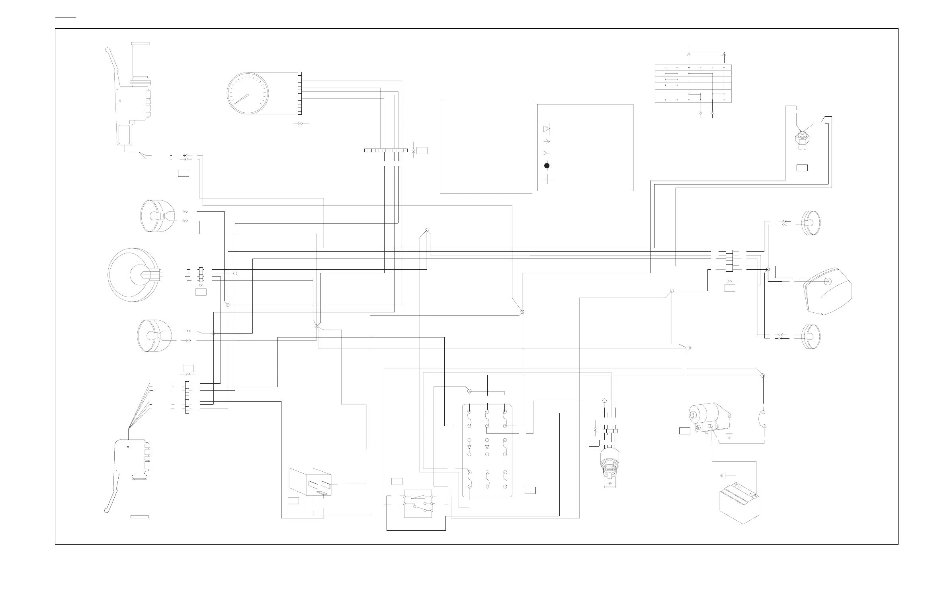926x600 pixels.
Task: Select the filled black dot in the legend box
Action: [547, 166]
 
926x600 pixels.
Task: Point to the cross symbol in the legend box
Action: [547, 179]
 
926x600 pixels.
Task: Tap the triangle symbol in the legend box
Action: [546, 129]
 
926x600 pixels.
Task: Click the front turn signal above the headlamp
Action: [155, 216]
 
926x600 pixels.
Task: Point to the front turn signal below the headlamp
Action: [153, 335]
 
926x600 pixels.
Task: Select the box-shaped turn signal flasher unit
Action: [311, 482]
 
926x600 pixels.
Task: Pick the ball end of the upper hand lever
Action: [107, 50]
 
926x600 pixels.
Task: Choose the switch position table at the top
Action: [693, 83]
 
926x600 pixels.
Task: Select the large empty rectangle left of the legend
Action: [486, 146]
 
